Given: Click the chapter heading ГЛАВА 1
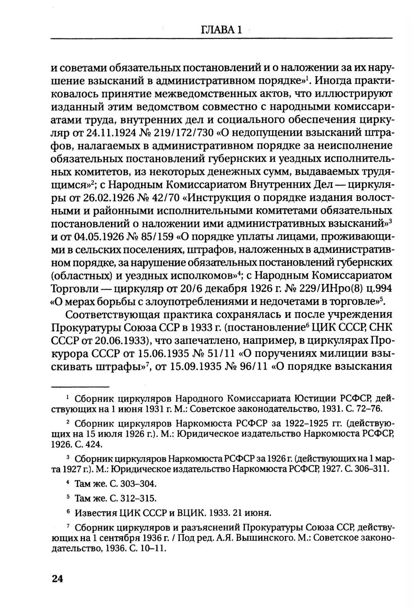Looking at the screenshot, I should click(221, 30).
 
